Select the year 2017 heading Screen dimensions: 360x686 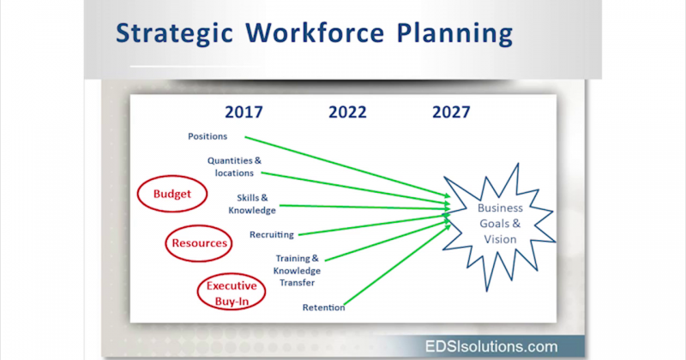point(244,111)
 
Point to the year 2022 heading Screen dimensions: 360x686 point(347,111)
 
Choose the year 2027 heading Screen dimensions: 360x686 point(451,111)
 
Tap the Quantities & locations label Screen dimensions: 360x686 point(233,166)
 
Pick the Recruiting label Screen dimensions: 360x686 point(271,235)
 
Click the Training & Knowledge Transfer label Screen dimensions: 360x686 point(297,270)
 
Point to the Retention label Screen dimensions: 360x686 point(323,308)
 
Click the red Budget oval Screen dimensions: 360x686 point(172,194)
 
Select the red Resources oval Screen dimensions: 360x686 point(199,243)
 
